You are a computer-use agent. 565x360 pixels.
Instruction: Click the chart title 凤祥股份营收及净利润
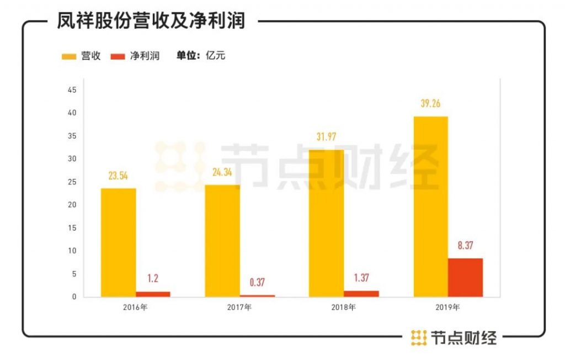click(151, 22)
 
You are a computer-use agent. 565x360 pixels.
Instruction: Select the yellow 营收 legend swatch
click(68, 56)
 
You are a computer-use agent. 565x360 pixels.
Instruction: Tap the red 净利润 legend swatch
click(118, 56)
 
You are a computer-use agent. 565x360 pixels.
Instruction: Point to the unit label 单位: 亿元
click(201, 56)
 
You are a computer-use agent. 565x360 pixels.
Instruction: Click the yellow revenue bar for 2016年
click(118, 242)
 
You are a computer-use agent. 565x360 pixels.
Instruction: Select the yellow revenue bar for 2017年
click(222, 241)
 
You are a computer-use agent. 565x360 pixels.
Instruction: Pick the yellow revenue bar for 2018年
click(326, 223)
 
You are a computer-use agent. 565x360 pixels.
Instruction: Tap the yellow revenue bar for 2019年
click(430, 207)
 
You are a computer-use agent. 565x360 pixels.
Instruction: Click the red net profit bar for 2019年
click(465, 278)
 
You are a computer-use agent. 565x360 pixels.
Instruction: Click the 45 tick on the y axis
click(72, 89)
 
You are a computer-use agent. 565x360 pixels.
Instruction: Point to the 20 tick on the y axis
click(72, 205)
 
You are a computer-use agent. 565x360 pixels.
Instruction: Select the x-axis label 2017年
click(239, 307)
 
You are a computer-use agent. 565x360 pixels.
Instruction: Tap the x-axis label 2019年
click(447, 307)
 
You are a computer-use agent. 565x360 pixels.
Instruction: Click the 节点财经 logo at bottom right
click(454, 337)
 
